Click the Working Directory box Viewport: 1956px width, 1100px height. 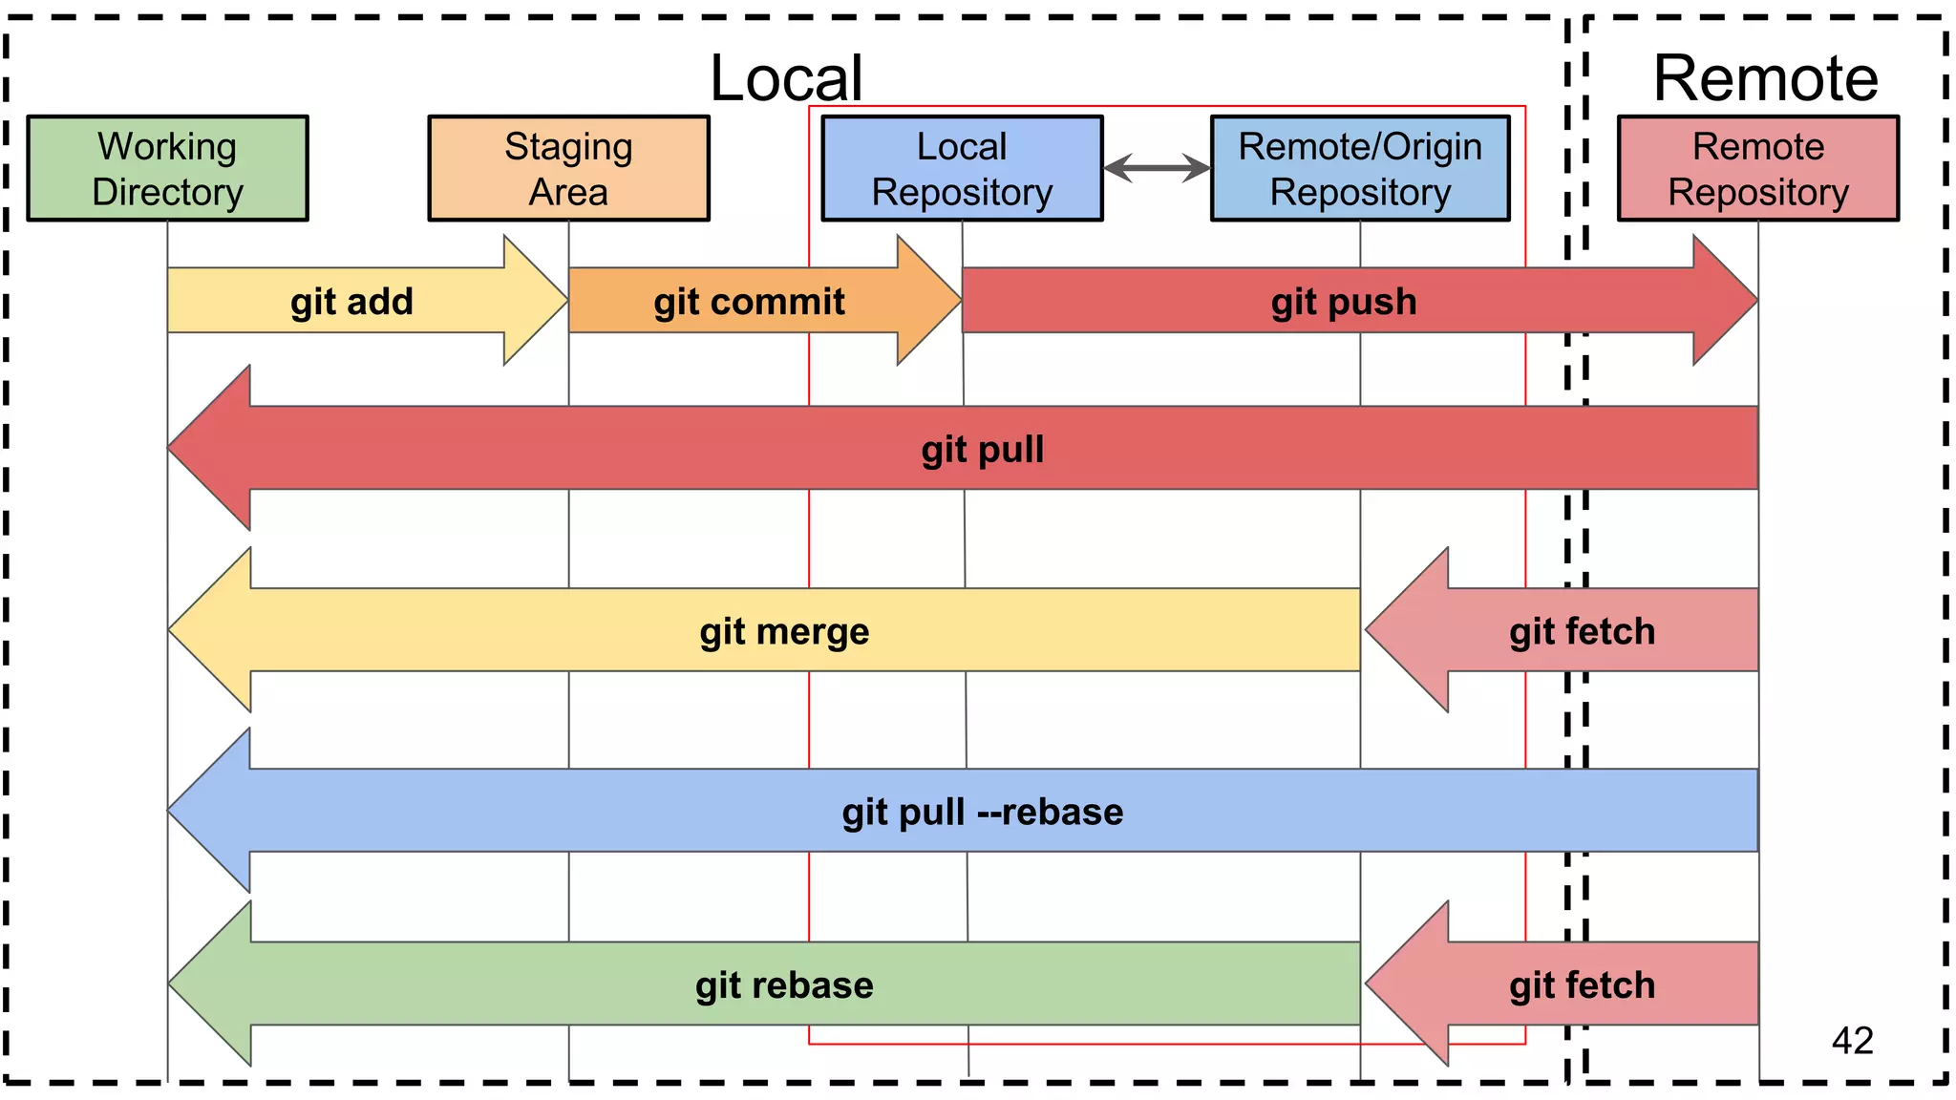click(167, 169)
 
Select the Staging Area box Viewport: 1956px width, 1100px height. click(568, 169)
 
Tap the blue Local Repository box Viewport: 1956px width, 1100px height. click(962, 169)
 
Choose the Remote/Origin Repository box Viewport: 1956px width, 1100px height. click(1360, 169)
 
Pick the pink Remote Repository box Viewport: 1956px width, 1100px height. click(1757, 169)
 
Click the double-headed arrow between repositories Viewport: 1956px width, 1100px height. click(1157, 168)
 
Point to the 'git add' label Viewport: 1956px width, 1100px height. click(351, 302)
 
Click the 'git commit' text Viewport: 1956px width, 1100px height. click(749, 302)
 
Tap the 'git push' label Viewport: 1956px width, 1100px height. click(1344, 302)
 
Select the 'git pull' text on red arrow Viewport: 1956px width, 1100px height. click(982, 449)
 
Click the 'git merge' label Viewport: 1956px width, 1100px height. click(784, 631)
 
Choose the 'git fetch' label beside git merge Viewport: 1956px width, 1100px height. click(1582, 631)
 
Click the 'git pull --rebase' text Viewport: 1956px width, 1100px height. click(982, 812)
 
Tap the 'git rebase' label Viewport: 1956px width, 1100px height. click(784, 984)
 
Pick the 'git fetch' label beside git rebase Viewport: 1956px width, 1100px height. click(1582, 984)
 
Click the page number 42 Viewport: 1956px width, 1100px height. click(1852, 1040)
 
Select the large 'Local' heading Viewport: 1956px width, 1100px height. click(786, 77)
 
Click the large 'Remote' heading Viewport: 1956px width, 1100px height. click(1765, 77)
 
